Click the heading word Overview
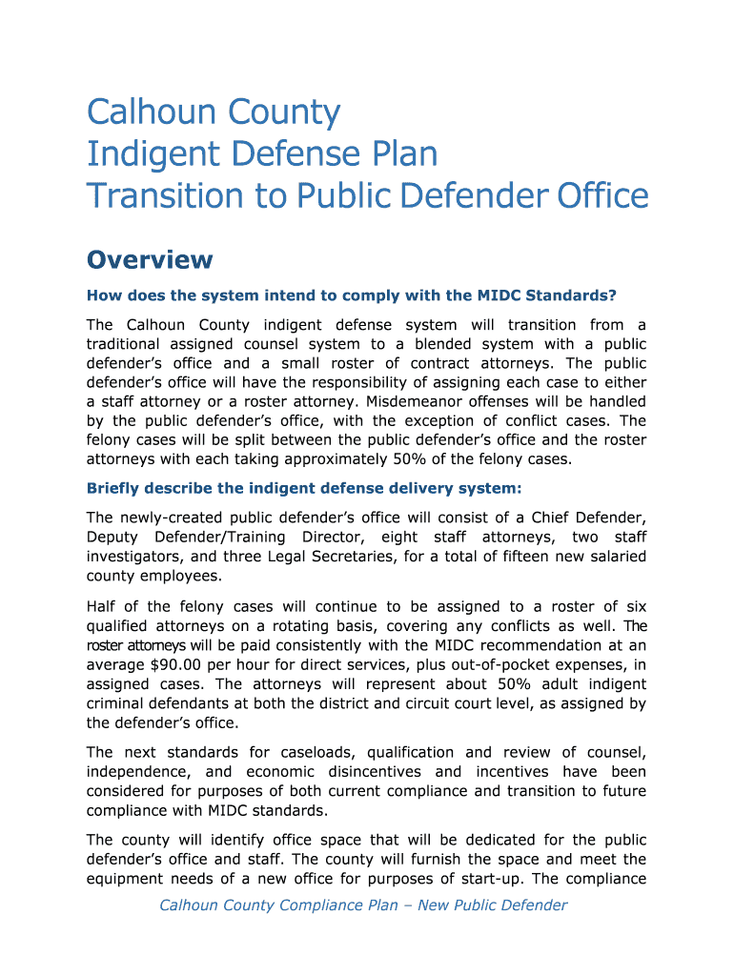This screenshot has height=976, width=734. pyautogui.click(x=150, y=259)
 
